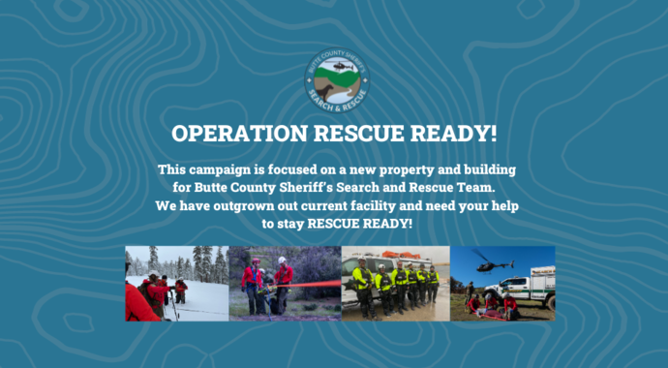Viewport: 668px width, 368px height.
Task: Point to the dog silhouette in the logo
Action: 329,90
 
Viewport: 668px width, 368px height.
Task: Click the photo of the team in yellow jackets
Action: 395,283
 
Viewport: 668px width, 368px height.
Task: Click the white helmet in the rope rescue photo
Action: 282,260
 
